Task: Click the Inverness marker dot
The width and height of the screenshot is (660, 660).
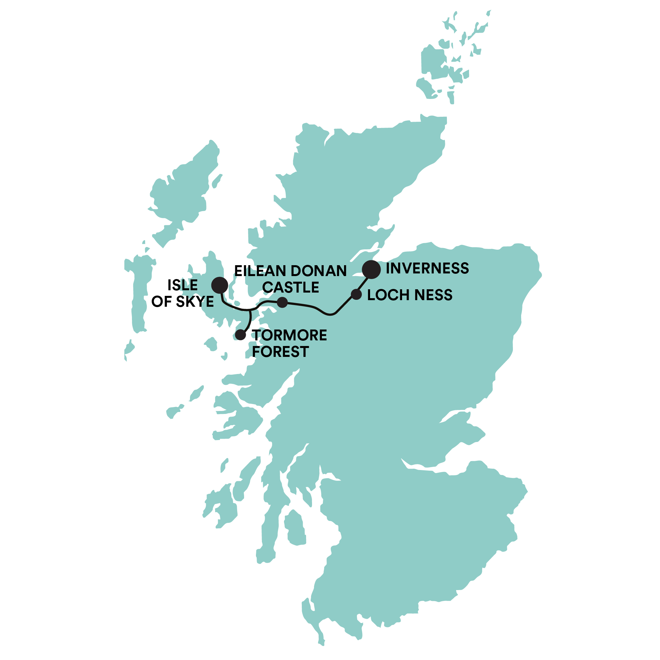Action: pos(371,269)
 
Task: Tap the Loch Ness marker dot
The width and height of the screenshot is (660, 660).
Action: pos(356,294)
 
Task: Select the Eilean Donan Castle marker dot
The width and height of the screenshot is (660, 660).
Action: pos(282,302)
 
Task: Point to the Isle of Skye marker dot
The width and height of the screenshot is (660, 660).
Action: pos(220,285)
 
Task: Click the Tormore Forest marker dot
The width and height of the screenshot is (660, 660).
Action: pos(241,335)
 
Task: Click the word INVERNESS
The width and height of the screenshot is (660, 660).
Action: pos(427,268)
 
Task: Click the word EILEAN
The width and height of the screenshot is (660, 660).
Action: pos(260,271)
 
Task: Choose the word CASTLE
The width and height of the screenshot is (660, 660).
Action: pos(291,287)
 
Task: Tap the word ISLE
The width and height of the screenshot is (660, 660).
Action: pos(182,285)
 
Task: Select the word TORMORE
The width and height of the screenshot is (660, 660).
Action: pos(289,335)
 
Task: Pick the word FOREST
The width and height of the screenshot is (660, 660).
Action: pos(280,352)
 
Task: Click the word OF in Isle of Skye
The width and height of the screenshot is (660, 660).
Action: pos(162,302)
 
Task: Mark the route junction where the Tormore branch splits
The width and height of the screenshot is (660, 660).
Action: pos(250,310)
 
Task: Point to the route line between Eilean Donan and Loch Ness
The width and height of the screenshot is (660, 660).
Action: pos(318,309)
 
